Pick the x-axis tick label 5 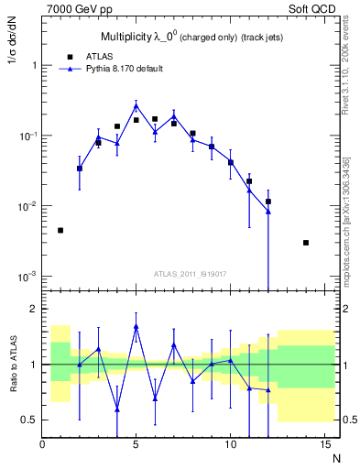click(x=136, y=445)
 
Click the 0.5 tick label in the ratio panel click(x=28, y=420)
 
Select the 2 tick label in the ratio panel click(x=33, y=309)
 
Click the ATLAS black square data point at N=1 click(x=60, y=230)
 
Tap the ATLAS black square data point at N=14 click(x=305, y=243)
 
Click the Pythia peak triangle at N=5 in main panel click(x=136, y=105)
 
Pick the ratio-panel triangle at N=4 click(x=117, y=409)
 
